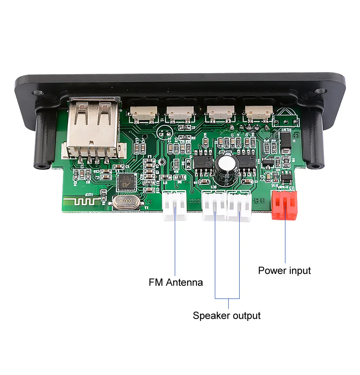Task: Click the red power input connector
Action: (x=284, y=204)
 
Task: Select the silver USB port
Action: (x=94, y=129)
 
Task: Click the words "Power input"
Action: (x=284, y=270)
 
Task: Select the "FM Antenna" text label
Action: (x=175, y=282)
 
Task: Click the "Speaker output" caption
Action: (x=226, y=315)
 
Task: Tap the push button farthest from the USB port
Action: (x=258, y=112)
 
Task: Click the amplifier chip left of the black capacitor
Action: (x=203, y=163)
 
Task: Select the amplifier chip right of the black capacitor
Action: (x=247, y=163)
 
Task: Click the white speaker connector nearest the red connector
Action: (x=239, y=206)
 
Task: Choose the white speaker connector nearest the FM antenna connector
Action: (x=214, y=206)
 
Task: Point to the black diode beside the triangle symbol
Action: (x=286, y=142)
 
